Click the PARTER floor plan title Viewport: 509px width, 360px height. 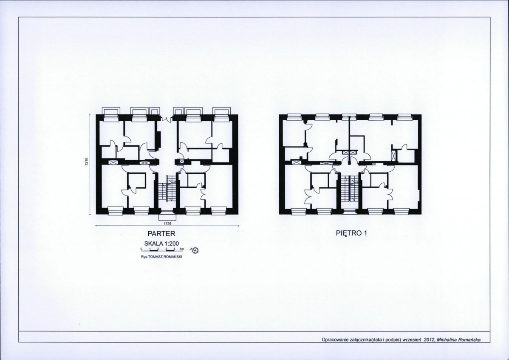(x=161, y=233)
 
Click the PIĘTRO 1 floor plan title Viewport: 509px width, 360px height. (x=351, y=233)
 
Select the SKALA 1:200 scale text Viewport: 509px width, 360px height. (x=161, y=244)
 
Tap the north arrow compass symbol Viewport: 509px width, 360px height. (x=195, y=250)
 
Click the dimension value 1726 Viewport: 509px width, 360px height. (x=167, y=223)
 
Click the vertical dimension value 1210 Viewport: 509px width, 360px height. (x=86, y=162)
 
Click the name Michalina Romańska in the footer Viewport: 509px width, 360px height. (x=459, y=340)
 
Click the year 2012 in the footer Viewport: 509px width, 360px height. (x=429, y=340)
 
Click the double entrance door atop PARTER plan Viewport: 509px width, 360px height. (x=167, y=119)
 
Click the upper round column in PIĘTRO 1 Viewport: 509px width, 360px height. (x=305, y=122)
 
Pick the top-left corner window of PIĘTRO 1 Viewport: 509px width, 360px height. (x=294, y=117)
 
